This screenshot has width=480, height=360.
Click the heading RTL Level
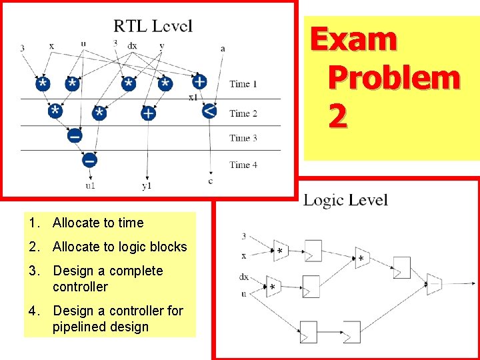point(153,26)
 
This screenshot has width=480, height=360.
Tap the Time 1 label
point(244,84)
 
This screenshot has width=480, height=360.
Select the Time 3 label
point(244,138)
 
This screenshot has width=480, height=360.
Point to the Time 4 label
point(244,165)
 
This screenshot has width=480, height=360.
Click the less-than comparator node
point(209,111)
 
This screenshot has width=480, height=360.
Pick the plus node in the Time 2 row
point(148,113)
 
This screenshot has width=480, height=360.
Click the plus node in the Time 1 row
point(199,82)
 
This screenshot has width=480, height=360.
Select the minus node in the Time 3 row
point(75,136)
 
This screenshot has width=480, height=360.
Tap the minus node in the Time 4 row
point(89,160)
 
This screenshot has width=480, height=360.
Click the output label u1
point(90,185)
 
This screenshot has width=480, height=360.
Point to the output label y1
point(147,185)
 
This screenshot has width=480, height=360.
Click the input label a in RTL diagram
point(223,48)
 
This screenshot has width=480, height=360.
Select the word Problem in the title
point(393,79)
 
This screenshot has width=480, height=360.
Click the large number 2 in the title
point(337,117)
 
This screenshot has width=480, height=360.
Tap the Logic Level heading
point(345,200)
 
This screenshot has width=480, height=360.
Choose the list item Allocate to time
point(97,223)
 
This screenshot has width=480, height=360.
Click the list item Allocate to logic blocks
point(119,247)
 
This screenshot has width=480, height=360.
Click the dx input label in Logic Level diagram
point(244,277)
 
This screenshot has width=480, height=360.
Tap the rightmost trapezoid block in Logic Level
point(434,283)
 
